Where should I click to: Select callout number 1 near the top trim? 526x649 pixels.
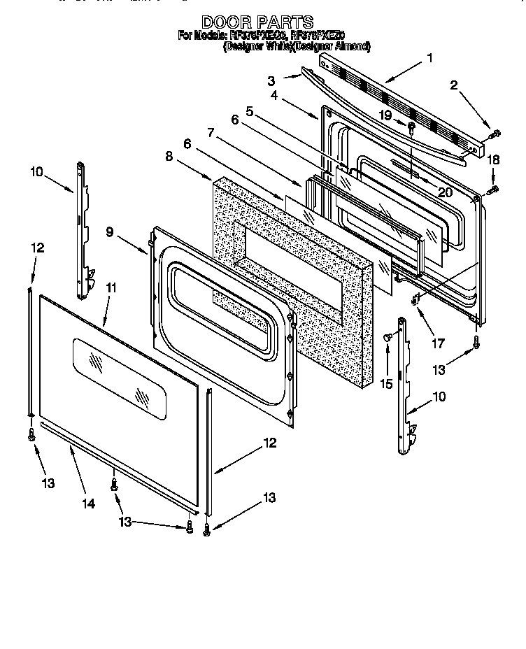pyautogui.click(x=429, y=59)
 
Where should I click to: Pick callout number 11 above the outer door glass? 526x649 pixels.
pyautogui.click(x=110, y=287)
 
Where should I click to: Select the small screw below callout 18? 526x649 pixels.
pyautogui.click(x=494, y=188)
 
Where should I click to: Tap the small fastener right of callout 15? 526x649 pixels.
pyautogui.click(x=387, y=338)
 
